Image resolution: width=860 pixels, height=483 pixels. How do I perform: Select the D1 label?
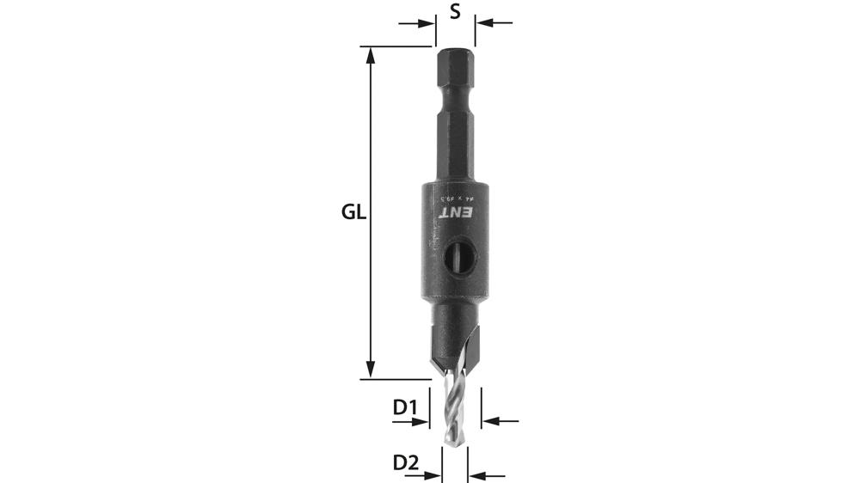click(405, 407)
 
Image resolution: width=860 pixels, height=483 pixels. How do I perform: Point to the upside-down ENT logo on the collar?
click(457, 211)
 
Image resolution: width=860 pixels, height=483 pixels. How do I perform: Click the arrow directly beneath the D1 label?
click(419, 421)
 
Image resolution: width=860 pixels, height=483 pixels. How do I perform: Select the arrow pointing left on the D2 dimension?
click(478, 475)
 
